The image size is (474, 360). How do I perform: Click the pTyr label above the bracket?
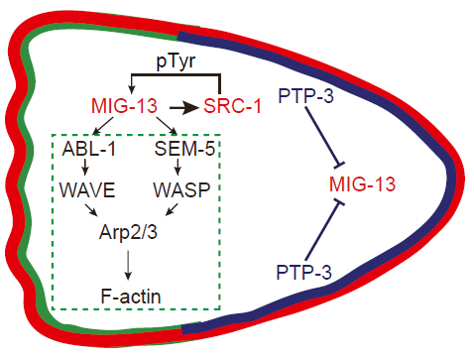(176, 61)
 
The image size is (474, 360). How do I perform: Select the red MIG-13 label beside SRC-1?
(124, 106)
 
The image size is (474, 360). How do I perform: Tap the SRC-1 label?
(232, 106)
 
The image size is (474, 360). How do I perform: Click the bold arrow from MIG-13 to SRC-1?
(183, 108)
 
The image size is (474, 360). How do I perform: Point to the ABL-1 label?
(89, 149)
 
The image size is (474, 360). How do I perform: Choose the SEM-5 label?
(184, 149)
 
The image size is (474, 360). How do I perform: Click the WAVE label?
(87, 190)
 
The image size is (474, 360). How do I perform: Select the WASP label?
(181, 190)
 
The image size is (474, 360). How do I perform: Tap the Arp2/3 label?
(128, 232)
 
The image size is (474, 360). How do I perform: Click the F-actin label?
(131, 297)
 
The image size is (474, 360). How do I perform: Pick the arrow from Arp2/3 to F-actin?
(128, 265)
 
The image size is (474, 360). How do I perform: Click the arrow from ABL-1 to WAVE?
(85, 168)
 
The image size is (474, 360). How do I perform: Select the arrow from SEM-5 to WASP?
(178, 168)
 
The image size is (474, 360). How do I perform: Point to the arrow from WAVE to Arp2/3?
(91, 210)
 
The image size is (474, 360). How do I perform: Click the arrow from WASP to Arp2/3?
(172, 209)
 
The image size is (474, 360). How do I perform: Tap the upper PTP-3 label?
(306, 95)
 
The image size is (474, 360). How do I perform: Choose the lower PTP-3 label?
(303, 272)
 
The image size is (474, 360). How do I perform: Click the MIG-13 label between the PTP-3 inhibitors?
(362, 184)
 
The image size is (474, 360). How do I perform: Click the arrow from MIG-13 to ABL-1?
(103, 126)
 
